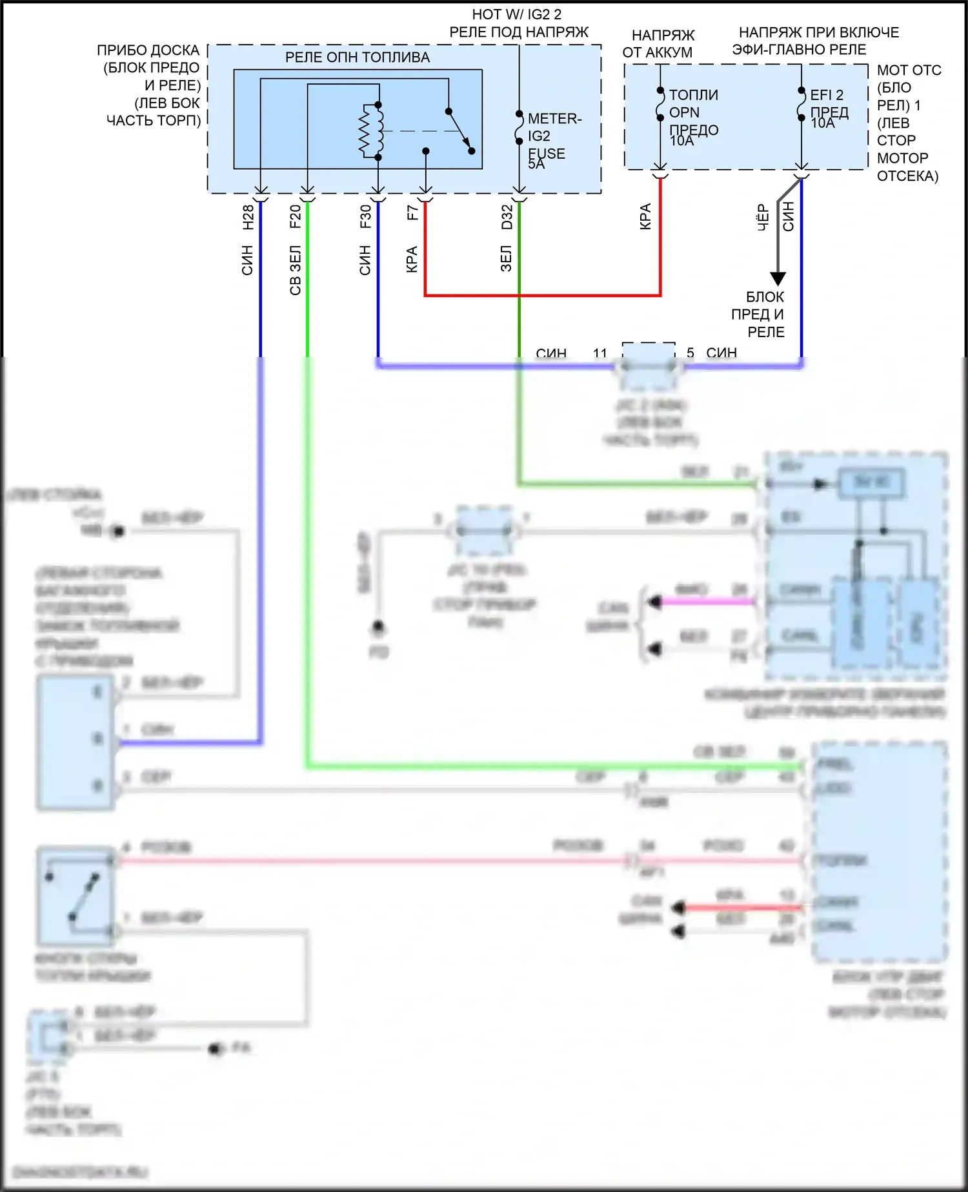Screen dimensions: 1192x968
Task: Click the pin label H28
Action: coord(248,217)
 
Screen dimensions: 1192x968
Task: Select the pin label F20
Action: coord(296,217)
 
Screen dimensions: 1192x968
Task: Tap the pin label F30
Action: coord(366,217)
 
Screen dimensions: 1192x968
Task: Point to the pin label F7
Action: coord(413,212)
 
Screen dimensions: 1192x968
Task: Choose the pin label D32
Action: coord(507,217)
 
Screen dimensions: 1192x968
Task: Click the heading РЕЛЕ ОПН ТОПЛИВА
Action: coord(358,57)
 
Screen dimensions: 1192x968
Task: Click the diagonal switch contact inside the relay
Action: coord(460,131)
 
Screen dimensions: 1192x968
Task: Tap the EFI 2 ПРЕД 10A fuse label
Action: coord(829,108)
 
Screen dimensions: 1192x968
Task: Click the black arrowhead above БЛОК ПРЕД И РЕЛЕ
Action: coord(778,278)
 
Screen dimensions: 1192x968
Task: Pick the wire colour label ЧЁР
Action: coord(763,218)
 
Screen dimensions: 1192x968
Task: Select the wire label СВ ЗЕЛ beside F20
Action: coord(296,271)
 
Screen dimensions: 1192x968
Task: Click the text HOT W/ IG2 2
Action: coord(517,14)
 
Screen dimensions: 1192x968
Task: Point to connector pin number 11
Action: coord(600,353)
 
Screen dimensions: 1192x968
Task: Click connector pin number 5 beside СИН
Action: coord(691,353)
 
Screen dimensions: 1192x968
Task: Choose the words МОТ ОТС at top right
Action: coord(909,70)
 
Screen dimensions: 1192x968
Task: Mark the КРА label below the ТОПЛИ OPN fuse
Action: coord(645,216)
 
